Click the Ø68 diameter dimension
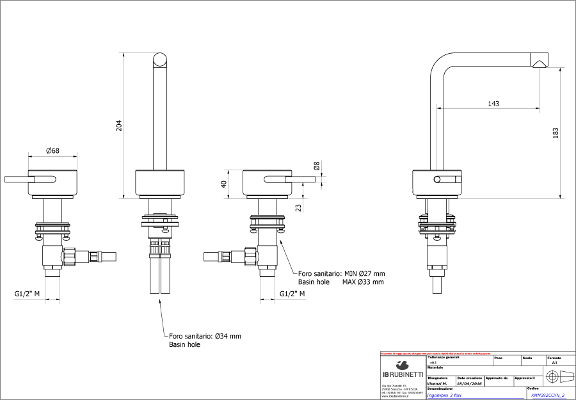click(x=52, y=151)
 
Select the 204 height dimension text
click(x=118, y=126)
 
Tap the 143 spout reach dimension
click(x=493, y=104)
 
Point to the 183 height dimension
click(x=556, y=132)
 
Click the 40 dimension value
click(x=224, y=184)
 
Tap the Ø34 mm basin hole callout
click(x=205, y=335)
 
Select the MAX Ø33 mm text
click(x=363, y=282)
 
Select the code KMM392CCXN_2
click(x=548, y=395)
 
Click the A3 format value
click(x=554, y=362)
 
